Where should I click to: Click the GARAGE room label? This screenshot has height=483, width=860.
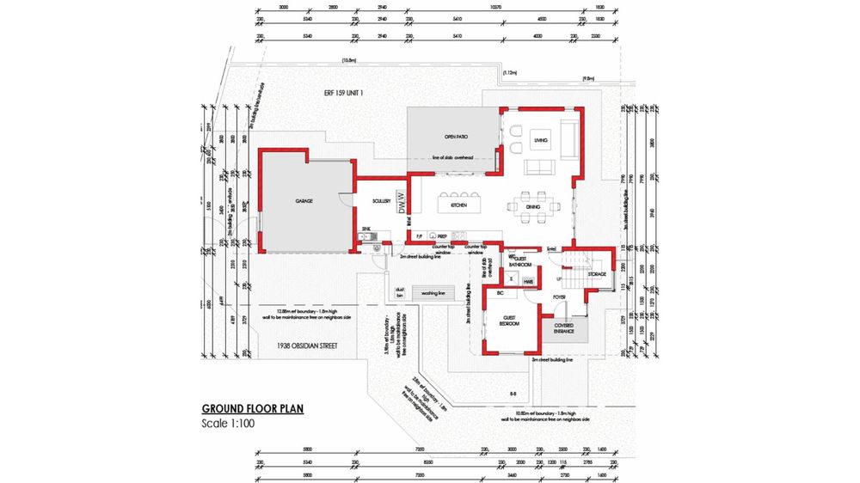pos(304,201)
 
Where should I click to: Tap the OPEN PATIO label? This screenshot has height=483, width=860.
pos(455,137)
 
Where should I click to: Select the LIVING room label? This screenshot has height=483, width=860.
pos(541,140)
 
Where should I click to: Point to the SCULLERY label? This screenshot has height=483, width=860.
pos(382,201)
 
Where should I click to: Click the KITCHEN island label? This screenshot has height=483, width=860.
pos(458,206)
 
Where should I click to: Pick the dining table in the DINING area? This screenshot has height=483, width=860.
pos(533,205)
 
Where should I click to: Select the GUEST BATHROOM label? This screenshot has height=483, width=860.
pos(521,262)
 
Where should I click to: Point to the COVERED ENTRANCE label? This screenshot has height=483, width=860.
pos(563,328)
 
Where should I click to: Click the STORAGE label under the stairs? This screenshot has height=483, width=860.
pos(598,274)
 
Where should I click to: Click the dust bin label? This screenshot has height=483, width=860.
pos(399,292)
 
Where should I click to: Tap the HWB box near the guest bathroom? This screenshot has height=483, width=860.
pos(528,281)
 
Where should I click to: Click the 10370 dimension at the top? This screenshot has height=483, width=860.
pos(495,6)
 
